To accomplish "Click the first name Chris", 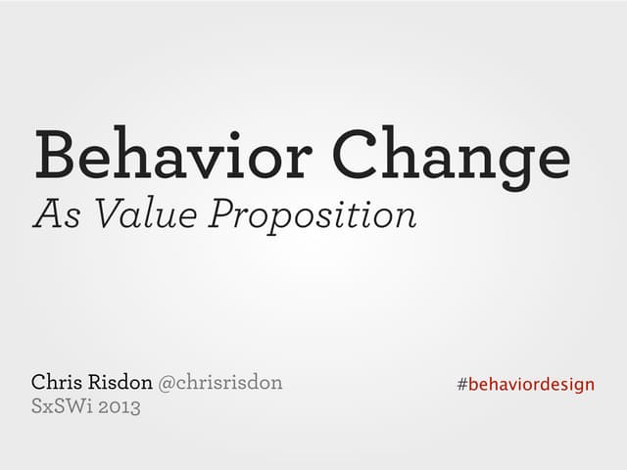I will click(x=62, y=382).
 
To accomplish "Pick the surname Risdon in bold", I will click(x=125, y=382).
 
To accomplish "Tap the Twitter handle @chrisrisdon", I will click(x=220, y=382).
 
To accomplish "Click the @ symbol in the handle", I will click(x=167, y=383).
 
